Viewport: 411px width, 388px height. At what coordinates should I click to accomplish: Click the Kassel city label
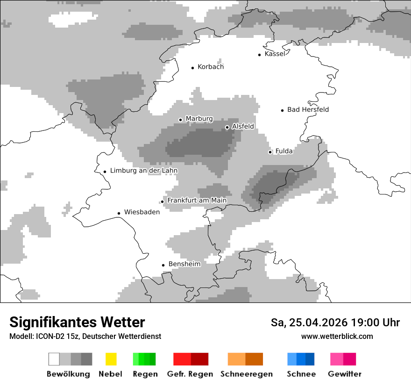[x=275, y=54]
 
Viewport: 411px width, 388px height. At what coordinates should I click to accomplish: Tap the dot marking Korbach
[x=192, y=68]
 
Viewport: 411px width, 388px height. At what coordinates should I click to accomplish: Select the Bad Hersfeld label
[x=308, y=110]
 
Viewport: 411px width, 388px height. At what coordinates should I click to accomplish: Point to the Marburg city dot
[x=180, y=120]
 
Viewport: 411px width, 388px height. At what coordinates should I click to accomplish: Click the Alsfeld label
[x=243, y=127]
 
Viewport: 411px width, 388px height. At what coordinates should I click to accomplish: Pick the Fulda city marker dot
[x=270, y=152]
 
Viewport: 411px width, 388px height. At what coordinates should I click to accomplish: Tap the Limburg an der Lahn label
[x=143, y=171]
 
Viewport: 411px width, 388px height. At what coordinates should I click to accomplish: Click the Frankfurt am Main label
[x=197, y=201]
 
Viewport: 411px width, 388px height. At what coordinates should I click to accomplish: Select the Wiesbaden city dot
[x=119, y=213]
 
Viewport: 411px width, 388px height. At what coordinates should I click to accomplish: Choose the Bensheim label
[x=184, y=264]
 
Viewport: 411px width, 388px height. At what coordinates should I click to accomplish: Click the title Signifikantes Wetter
[x=77, y=323]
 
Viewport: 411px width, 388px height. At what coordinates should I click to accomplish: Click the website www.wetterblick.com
[x=337, y=337]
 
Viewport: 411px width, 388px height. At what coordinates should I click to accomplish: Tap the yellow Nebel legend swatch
[x=111, y=359]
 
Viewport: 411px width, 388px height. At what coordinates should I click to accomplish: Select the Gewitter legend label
[x=344, y=374]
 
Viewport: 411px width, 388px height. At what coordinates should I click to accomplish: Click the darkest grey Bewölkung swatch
[x=87, y=359]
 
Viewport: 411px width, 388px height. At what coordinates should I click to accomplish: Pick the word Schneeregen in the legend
[x=246, y=374]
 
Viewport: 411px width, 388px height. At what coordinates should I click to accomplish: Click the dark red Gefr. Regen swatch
[x=199, y=359]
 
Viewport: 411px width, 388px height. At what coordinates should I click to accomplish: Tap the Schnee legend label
[x=301, y=374]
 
